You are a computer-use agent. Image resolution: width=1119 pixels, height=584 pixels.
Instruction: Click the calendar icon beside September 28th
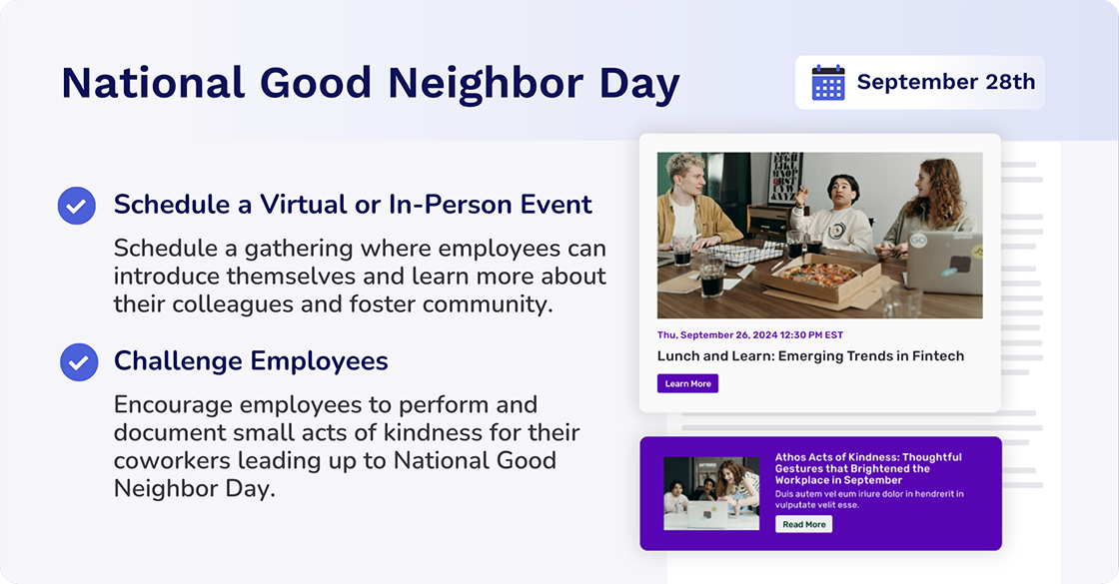click(828, 82)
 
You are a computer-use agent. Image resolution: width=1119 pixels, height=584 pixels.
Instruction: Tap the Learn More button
click(687, 383)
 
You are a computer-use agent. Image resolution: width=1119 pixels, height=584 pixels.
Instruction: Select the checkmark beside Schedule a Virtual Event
click(77, 206)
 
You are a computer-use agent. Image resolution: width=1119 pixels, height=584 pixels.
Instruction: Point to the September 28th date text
click(945, 82)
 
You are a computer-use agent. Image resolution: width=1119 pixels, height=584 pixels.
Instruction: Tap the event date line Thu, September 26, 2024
click(749, 335)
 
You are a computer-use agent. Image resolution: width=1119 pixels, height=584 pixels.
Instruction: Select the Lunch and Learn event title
click(809, 355)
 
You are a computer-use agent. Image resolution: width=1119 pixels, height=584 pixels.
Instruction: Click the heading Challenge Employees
click(251, 360)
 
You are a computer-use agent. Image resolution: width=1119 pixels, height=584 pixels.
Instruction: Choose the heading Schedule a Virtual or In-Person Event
click(353, 205)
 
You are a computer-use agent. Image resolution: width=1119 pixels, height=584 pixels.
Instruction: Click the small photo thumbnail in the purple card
click(710, 493)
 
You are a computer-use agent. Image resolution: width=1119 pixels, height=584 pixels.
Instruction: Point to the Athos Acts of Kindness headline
click(867, 468)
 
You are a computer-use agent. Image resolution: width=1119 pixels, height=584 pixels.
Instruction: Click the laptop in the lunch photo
click(942, 261)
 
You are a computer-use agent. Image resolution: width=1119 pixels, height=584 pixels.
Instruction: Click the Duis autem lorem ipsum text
click(867, 499)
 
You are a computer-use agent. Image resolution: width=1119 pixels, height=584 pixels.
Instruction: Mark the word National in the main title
click(153, 83)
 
